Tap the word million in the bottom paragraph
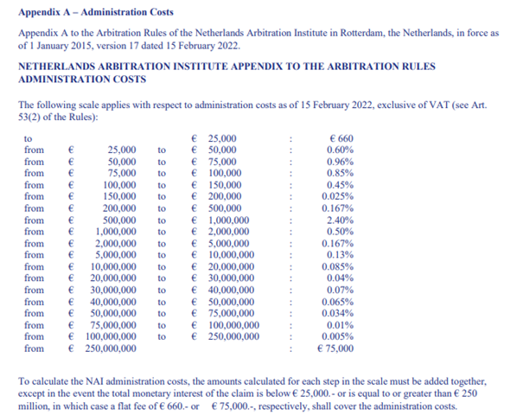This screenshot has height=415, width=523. [x=33, y=405]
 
